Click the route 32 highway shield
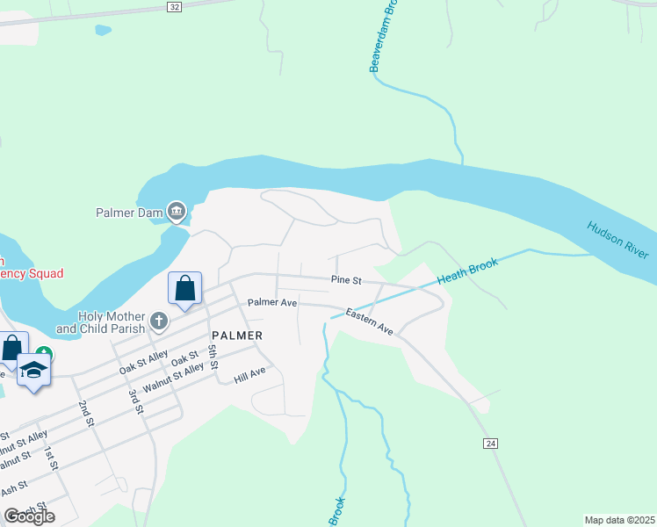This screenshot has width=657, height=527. click(174, 6)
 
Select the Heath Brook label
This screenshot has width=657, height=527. click(467, 271)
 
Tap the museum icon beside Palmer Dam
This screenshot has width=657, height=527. click(176, 210)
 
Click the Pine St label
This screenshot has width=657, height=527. click(346, 280)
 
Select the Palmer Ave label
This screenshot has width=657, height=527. click(272, 302)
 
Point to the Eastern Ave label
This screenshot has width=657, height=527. click(369, 321)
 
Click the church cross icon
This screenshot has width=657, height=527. click(159, 321)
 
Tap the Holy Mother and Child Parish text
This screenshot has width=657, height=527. click(109, 322)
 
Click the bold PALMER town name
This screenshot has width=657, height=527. click(237, 336)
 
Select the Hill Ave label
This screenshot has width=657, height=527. click(249, 376)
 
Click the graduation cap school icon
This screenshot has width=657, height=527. click(33, 369)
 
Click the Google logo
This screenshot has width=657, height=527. click(28, 516)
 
